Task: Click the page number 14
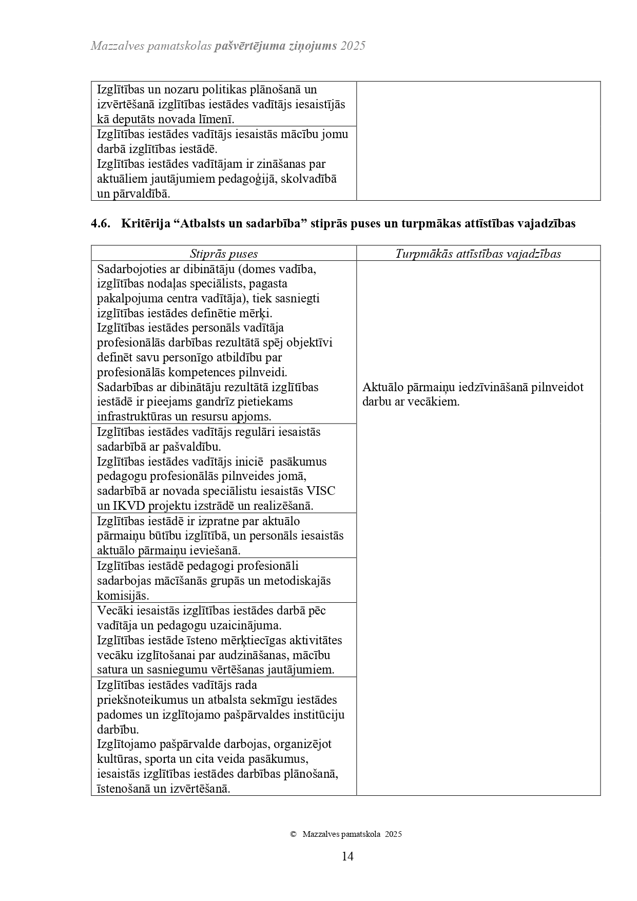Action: (347, 856)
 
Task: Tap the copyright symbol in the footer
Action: (293, 834)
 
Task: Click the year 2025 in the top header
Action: (353, 46)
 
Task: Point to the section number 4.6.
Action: (101, 223)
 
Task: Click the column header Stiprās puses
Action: (224, 254)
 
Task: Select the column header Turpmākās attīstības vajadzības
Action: (478, 254)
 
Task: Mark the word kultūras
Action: (116, 759)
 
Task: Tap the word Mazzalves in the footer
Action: (323, 834)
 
